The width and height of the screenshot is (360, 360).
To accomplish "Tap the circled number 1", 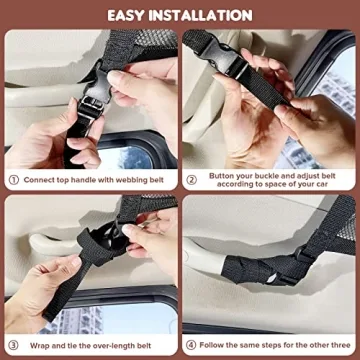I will [x=13, y=181].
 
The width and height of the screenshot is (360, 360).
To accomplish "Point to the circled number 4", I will [x=192, y=345].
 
